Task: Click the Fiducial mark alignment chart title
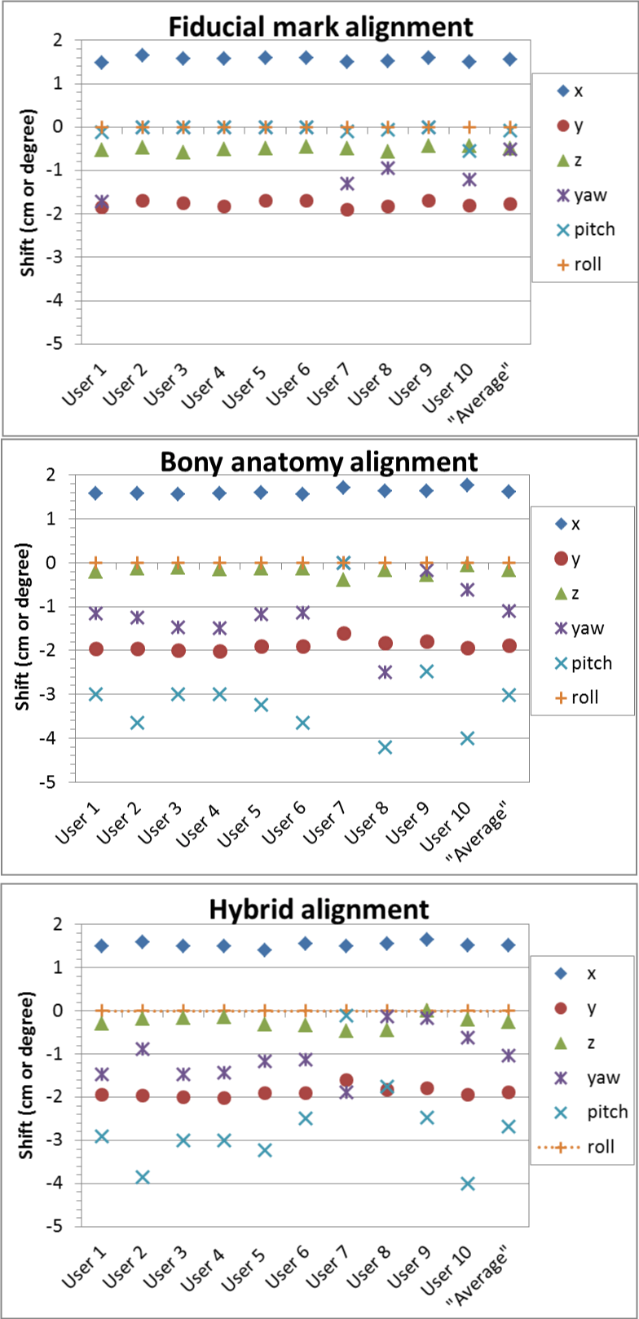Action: [320, 26]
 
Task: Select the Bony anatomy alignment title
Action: [319, 462]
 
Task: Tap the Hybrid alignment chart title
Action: [319, 909]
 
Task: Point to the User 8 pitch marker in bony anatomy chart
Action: [385, 747]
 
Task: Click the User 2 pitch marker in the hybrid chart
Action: [143, 1177]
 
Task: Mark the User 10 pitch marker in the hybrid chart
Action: [468, 1184]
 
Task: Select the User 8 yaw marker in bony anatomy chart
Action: [385, 672]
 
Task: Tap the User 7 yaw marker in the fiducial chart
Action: [347, 184]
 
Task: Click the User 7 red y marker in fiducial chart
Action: [347, 210]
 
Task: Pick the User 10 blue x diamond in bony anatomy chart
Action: [467, 485]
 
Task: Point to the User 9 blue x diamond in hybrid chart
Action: [427, 940]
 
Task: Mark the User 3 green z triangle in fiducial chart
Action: [183, 153]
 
